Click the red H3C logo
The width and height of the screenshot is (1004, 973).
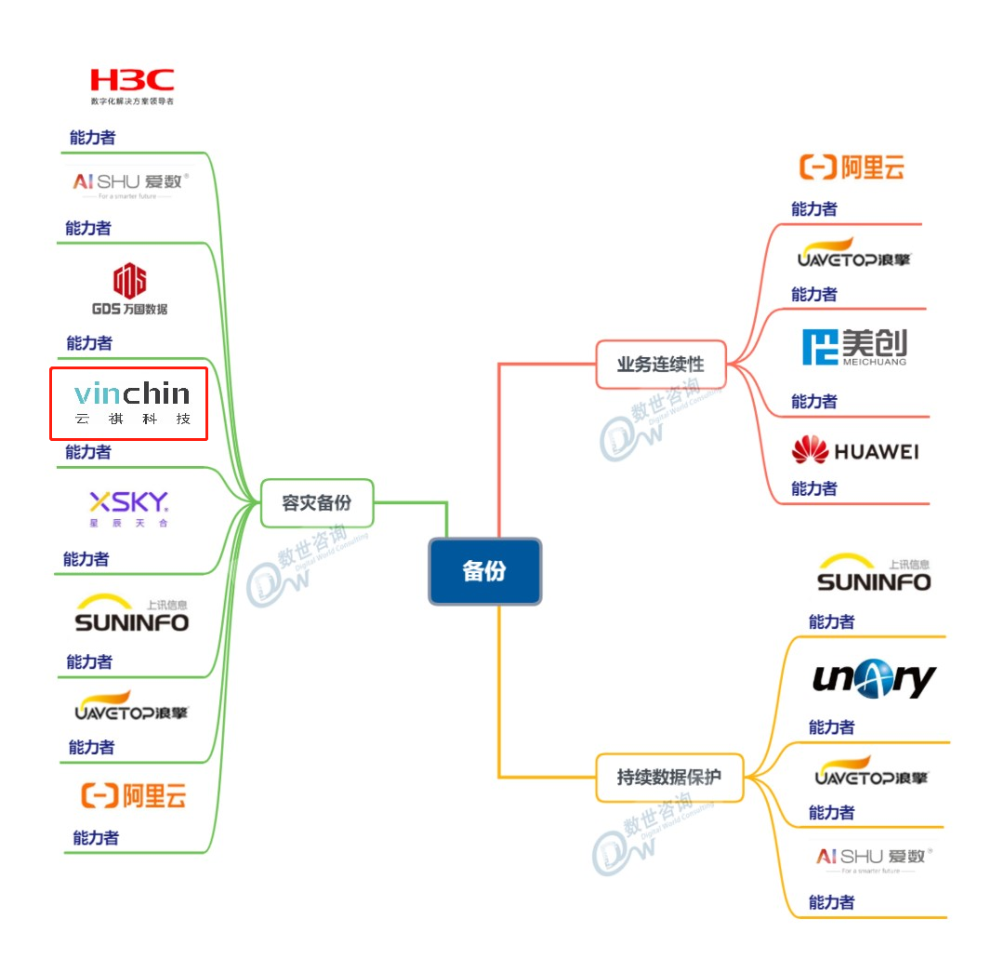pyautogui.click(x=131, y=82)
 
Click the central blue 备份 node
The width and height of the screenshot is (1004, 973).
pyautogui.click(x=484, y=571)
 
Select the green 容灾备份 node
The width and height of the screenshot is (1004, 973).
pyautogui.click(x=317, y=503)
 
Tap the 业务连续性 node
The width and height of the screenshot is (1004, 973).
pyautogui.click(x=660, y=365)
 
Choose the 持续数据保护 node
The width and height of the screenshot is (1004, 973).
pyautogui.click(x=668, y=777)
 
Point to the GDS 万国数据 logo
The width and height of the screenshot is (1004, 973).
pyautogui.click(x=129, y=289)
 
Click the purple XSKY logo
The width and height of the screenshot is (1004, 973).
pyautogui.click(x=129, y=508)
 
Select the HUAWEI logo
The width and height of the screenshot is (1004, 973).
pyautogui.click(x=854, y=452)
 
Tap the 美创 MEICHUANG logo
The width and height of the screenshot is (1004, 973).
pyautogui.click(x=854, y=347)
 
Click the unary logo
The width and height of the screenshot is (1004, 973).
pyautogui.click(x=874, y=680)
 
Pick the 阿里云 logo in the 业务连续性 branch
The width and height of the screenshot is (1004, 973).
pyautogui.click(x=852, y=168)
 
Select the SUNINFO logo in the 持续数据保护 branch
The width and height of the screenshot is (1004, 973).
pyautogui.click(x=873, y=575)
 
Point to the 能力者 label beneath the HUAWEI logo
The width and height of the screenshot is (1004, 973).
pyautogui.click(x=813, y=488)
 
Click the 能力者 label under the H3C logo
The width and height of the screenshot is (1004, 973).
pyautogui.click(x=92, y=138)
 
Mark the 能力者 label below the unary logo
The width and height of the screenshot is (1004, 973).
pyautogui.click(x=831, y=727)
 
